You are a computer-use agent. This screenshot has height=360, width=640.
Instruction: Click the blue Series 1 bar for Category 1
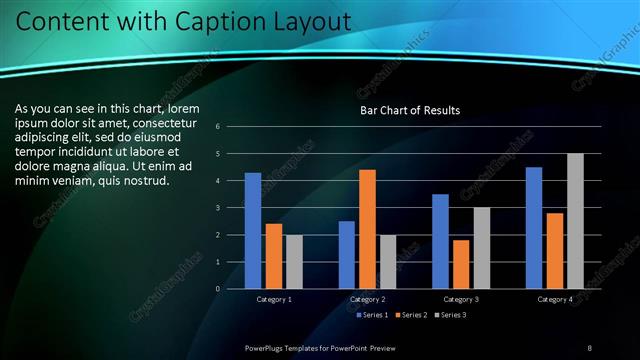(x=253, y=231)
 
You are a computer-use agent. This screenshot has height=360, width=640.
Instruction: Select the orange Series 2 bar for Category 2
(x=367, y=229)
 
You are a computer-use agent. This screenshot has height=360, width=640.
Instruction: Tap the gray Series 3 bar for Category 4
(x=575, y=221)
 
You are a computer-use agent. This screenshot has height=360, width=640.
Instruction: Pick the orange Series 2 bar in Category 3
(x=461, y=264)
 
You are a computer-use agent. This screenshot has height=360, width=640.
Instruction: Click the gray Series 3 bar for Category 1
(x=294, y=261)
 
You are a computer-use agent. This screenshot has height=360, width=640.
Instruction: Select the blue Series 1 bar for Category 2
(x=347, y=255)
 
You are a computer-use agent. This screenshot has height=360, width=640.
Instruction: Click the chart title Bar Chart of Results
(x=410, y=110)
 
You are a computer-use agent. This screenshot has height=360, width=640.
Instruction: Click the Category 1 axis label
(x=274, y=299)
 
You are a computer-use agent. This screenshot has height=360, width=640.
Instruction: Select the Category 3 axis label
(x=461, y=299)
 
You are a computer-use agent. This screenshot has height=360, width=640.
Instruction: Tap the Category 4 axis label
(x=555, y=299)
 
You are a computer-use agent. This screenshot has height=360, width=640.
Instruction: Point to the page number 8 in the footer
(x=590, y=347)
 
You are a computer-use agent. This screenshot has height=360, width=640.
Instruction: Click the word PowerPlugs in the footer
(x=268, y=347)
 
